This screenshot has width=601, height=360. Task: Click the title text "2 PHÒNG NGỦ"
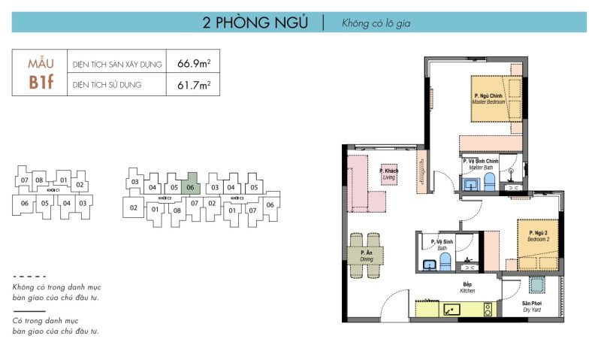coord(255,23)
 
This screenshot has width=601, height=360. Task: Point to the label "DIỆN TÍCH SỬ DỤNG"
coord(107,85)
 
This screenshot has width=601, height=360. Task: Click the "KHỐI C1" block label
coord(53,191)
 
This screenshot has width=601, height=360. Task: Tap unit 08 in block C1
coord(40,180)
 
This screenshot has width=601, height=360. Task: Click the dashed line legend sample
coord(29,277)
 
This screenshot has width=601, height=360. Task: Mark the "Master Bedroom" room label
coord(490,99)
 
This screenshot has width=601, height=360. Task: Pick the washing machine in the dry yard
coord(536,284)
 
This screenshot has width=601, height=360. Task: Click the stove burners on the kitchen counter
coord(487,308)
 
